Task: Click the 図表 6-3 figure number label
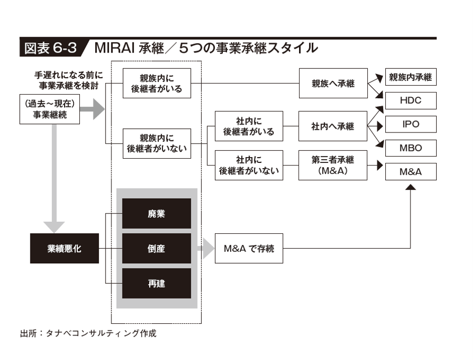[x=50, y=48]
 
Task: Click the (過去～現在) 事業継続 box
[x=50, y=109]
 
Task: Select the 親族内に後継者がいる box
[x=157, y=83]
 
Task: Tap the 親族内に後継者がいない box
[x=157, y=143]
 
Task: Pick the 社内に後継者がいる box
[x=249, y=126]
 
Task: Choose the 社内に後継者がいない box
[x=249, y=166]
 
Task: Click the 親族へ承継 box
[x=333, y=83]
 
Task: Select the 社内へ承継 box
[x=333, y=126]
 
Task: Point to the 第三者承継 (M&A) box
[x=333, y=166]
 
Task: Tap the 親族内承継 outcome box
[x=411, y=77]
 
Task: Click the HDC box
[x=411, y=100]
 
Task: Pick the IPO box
[x=411, y=124]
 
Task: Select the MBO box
[x=411, y=148]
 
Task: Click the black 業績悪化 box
[x=64, y=249]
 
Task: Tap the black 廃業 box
[x=157, y=214]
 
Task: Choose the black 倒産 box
[x=157, y=249]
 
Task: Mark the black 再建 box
[x=157, y=283]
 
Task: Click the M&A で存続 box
[x=249, y=249]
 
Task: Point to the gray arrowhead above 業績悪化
[x=54, y=227]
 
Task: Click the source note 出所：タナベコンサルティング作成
[x=88, y=333]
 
